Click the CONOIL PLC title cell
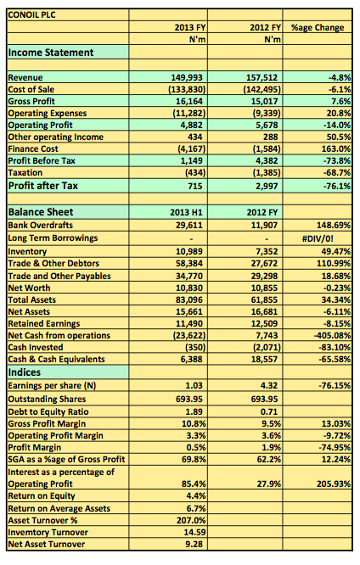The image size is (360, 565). (x=31, y=14)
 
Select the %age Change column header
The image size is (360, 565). (x=318, y=27)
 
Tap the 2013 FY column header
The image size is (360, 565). (x=189, y=27)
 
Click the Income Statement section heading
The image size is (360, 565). (x=51, y=53)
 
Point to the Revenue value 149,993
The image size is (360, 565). (x=187, y=77)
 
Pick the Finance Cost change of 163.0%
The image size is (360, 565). (x=336, y=148)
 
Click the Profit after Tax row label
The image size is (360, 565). (x=43, y=186)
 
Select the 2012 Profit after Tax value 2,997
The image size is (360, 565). (x=267, y=187)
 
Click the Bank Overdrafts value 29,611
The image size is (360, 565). (x=189, y=225)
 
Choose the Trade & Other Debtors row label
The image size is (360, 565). (x=53, y=263)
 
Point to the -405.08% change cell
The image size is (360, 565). (x=332, y=335)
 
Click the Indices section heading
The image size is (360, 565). (x=25, y=372)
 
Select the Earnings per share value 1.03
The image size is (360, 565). (x=194, y=385)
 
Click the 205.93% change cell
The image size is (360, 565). (x=334, y=484)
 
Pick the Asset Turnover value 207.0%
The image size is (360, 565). (x=191, y=520)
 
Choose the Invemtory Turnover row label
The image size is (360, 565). (x=48, y=532)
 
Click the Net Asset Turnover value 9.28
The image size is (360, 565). (x=194, y=544)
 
